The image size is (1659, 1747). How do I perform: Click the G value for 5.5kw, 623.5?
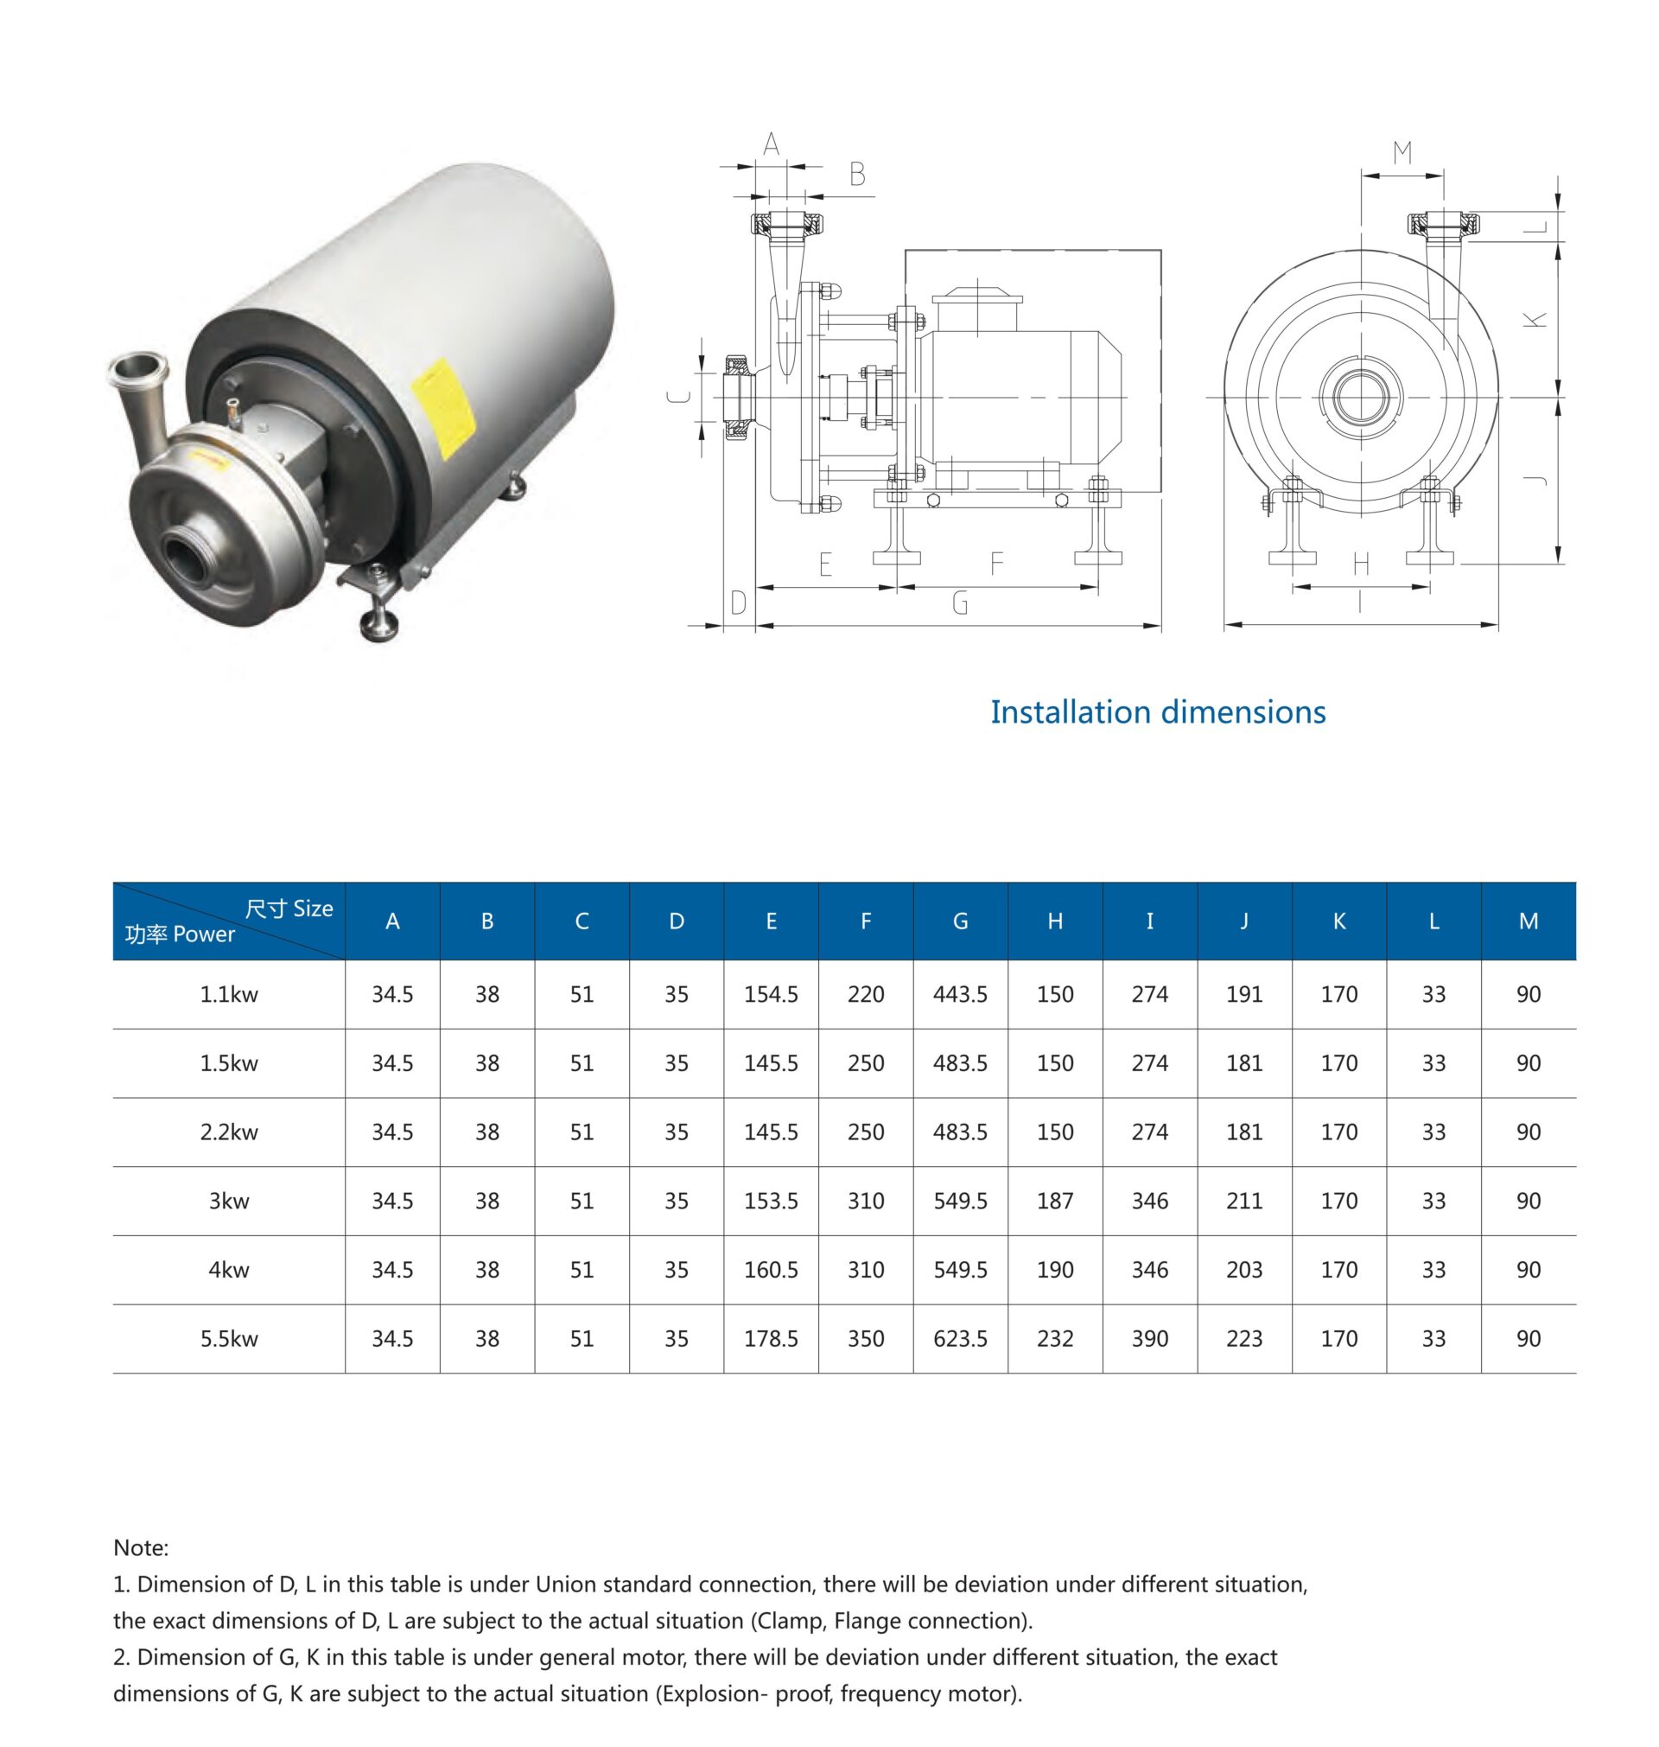(959, 1338)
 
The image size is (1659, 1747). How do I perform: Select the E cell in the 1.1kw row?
(770, 994)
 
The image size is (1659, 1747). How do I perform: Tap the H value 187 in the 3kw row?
(1054, 1201)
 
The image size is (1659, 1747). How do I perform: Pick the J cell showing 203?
(1243, 1269)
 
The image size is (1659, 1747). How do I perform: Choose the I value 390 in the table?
(1148, 1338)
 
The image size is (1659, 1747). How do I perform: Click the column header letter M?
(1528, 921)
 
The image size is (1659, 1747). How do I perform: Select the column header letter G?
(959, 921)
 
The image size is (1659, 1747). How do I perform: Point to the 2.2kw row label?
(228, 1132)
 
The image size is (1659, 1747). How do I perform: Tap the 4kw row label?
(228, 1269)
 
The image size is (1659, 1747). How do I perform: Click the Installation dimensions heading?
(1157, 712)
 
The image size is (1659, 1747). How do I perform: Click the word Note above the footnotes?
(140, 1547)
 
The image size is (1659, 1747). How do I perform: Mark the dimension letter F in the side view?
(995, 564)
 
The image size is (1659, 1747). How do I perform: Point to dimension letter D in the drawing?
(739, 603)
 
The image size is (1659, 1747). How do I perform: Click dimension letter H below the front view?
(1361, 564)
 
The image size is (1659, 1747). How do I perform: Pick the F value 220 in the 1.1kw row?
(865, 994)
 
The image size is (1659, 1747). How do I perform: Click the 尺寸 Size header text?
(289, 909)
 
